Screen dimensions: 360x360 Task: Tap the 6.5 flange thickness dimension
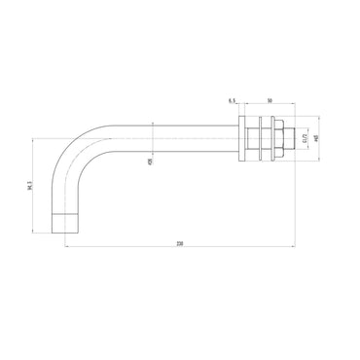tap(231, 100)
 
